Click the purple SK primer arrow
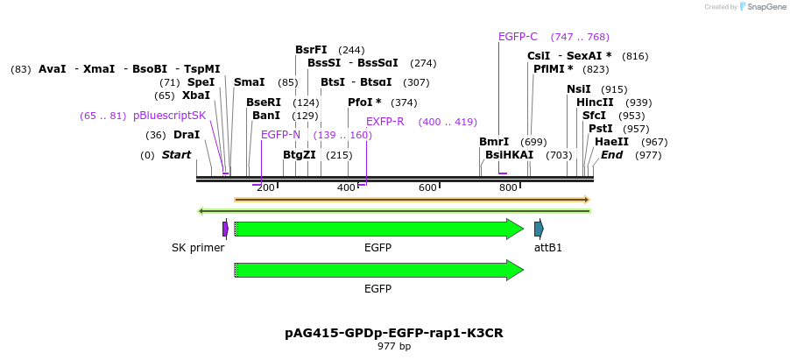click(225, 229)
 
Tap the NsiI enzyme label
click(579, 89)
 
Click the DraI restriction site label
click(187, 135)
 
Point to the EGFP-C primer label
click(518, 37)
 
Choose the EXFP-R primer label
click(384, 122)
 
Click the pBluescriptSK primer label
click(169, 116)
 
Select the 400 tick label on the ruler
click(347, 188)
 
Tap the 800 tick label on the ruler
click(509, 188)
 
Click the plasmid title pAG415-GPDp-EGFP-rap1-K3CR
click(394, 333)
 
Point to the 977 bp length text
click(394, 346)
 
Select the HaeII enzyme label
click(610, 142)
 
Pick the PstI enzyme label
click(599, 129)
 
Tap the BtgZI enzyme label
click(300, 155)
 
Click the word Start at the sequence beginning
click(176, 155)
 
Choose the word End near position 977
click(611, 155)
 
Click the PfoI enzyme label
click(364, 102)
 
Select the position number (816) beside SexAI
click(635, 56)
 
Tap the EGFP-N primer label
click(280, 135)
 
